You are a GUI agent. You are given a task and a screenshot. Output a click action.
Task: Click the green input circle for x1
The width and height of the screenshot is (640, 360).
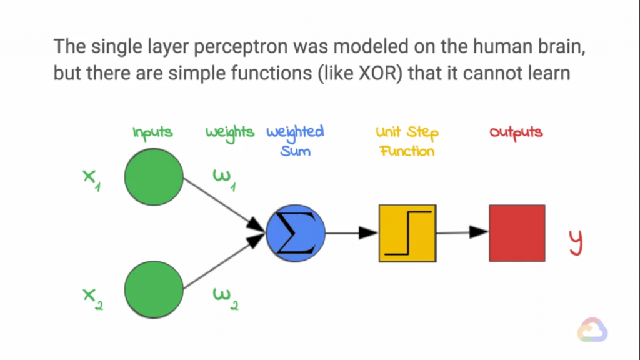[x=154, y=177]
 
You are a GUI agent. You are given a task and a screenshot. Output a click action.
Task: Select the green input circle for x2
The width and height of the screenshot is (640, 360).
[x=154, y=290]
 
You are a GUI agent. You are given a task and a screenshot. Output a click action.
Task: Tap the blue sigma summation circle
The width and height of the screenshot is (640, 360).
[x=296, y=233]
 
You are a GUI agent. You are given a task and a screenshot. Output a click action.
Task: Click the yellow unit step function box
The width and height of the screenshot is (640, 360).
[x=407, y=233]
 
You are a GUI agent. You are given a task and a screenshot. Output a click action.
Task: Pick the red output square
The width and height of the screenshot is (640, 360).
[x=517, y=233]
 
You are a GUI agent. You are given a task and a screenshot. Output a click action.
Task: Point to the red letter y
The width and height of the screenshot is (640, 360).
[x=576, y=242]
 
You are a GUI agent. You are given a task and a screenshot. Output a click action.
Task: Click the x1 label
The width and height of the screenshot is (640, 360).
[x=91, y=180]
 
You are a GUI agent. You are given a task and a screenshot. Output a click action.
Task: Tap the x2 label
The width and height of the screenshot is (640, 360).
[x=92, y=299]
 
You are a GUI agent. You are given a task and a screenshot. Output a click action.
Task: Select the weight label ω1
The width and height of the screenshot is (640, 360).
[x=224, y=180]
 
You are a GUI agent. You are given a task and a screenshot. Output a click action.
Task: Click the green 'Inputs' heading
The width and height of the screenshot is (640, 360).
[x=152, y=133]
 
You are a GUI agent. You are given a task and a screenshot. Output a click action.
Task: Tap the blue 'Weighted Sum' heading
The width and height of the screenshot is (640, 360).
[x=295, y=141]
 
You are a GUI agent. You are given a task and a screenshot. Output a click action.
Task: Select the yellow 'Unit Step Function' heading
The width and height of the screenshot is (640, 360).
[x=407, y=141]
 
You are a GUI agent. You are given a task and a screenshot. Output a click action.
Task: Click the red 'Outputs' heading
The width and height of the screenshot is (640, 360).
[x=516, y=132]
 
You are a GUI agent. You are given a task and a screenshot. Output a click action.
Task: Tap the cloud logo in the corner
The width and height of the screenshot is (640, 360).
[x=592, y=330]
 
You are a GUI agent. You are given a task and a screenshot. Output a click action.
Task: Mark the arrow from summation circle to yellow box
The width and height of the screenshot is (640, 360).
[x=352, y=233]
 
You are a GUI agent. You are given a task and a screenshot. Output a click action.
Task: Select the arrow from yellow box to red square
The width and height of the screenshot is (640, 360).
[x=462, y=232]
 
